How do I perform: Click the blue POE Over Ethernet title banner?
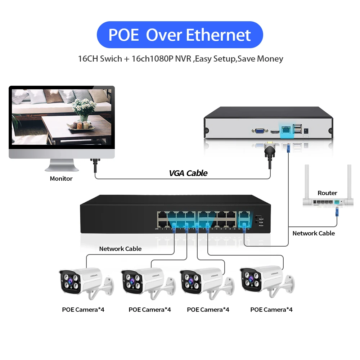point(180,35)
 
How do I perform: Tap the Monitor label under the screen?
point(61,179)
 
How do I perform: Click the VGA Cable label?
point(188,173)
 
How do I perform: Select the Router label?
point(327,193)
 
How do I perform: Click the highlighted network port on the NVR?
point(287,130)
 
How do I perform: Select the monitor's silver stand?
point(61,166)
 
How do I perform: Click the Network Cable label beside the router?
point(314,233)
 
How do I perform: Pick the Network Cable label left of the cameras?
point(120,249)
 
